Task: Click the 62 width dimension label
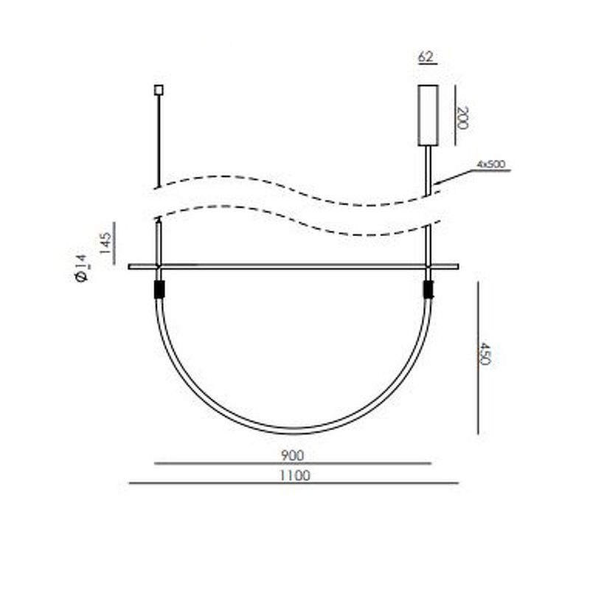[x=426, y=57]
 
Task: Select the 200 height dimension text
[x=462, y=118]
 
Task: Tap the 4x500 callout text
[x=491, y=164]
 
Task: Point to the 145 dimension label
[x=106, y=243]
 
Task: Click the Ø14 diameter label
[x=81, y=268]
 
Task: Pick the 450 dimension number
[x=485, y=354]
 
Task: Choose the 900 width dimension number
[x=292, y=456]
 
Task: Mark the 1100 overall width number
[x=295, y=476]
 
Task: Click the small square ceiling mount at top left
[x=159, y=90]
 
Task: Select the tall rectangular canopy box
[x=428, y=116]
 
